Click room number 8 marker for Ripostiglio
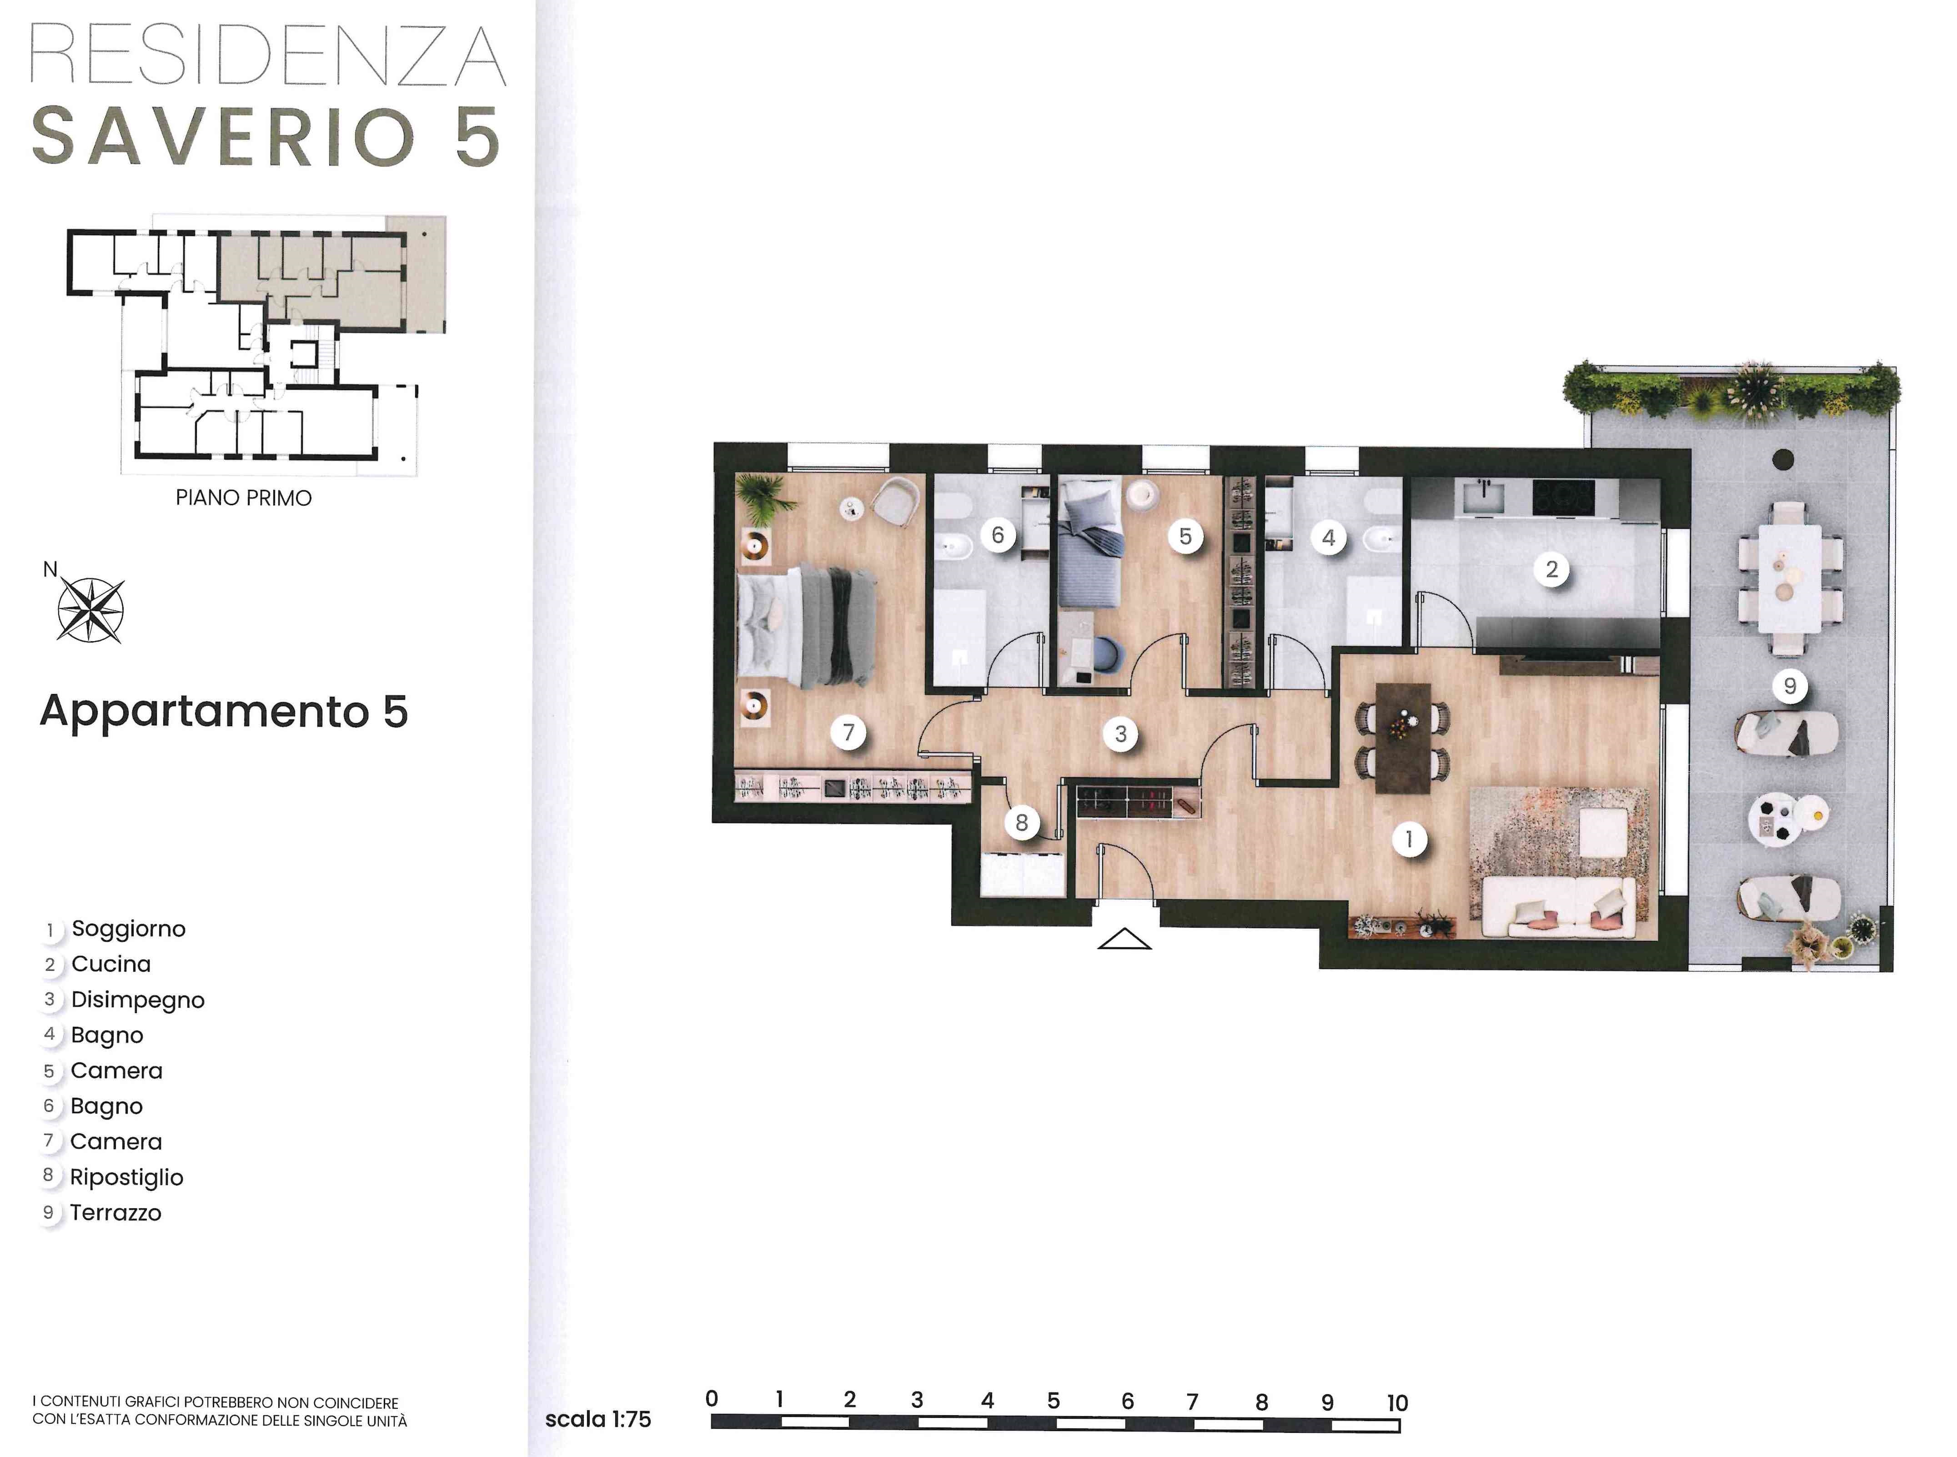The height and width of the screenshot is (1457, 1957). click(x=1021, y=822)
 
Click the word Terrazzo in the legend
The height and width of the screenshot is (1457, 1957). click(x=115, y=1213)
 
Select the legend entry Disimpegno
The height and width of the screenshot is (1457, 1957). click(x=138, y=1000)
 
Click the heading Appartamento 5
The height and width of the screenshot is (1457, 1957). click(x=224, y=711)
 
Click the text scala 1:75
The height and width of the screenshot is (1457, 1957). click(x=598, y=1419)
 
